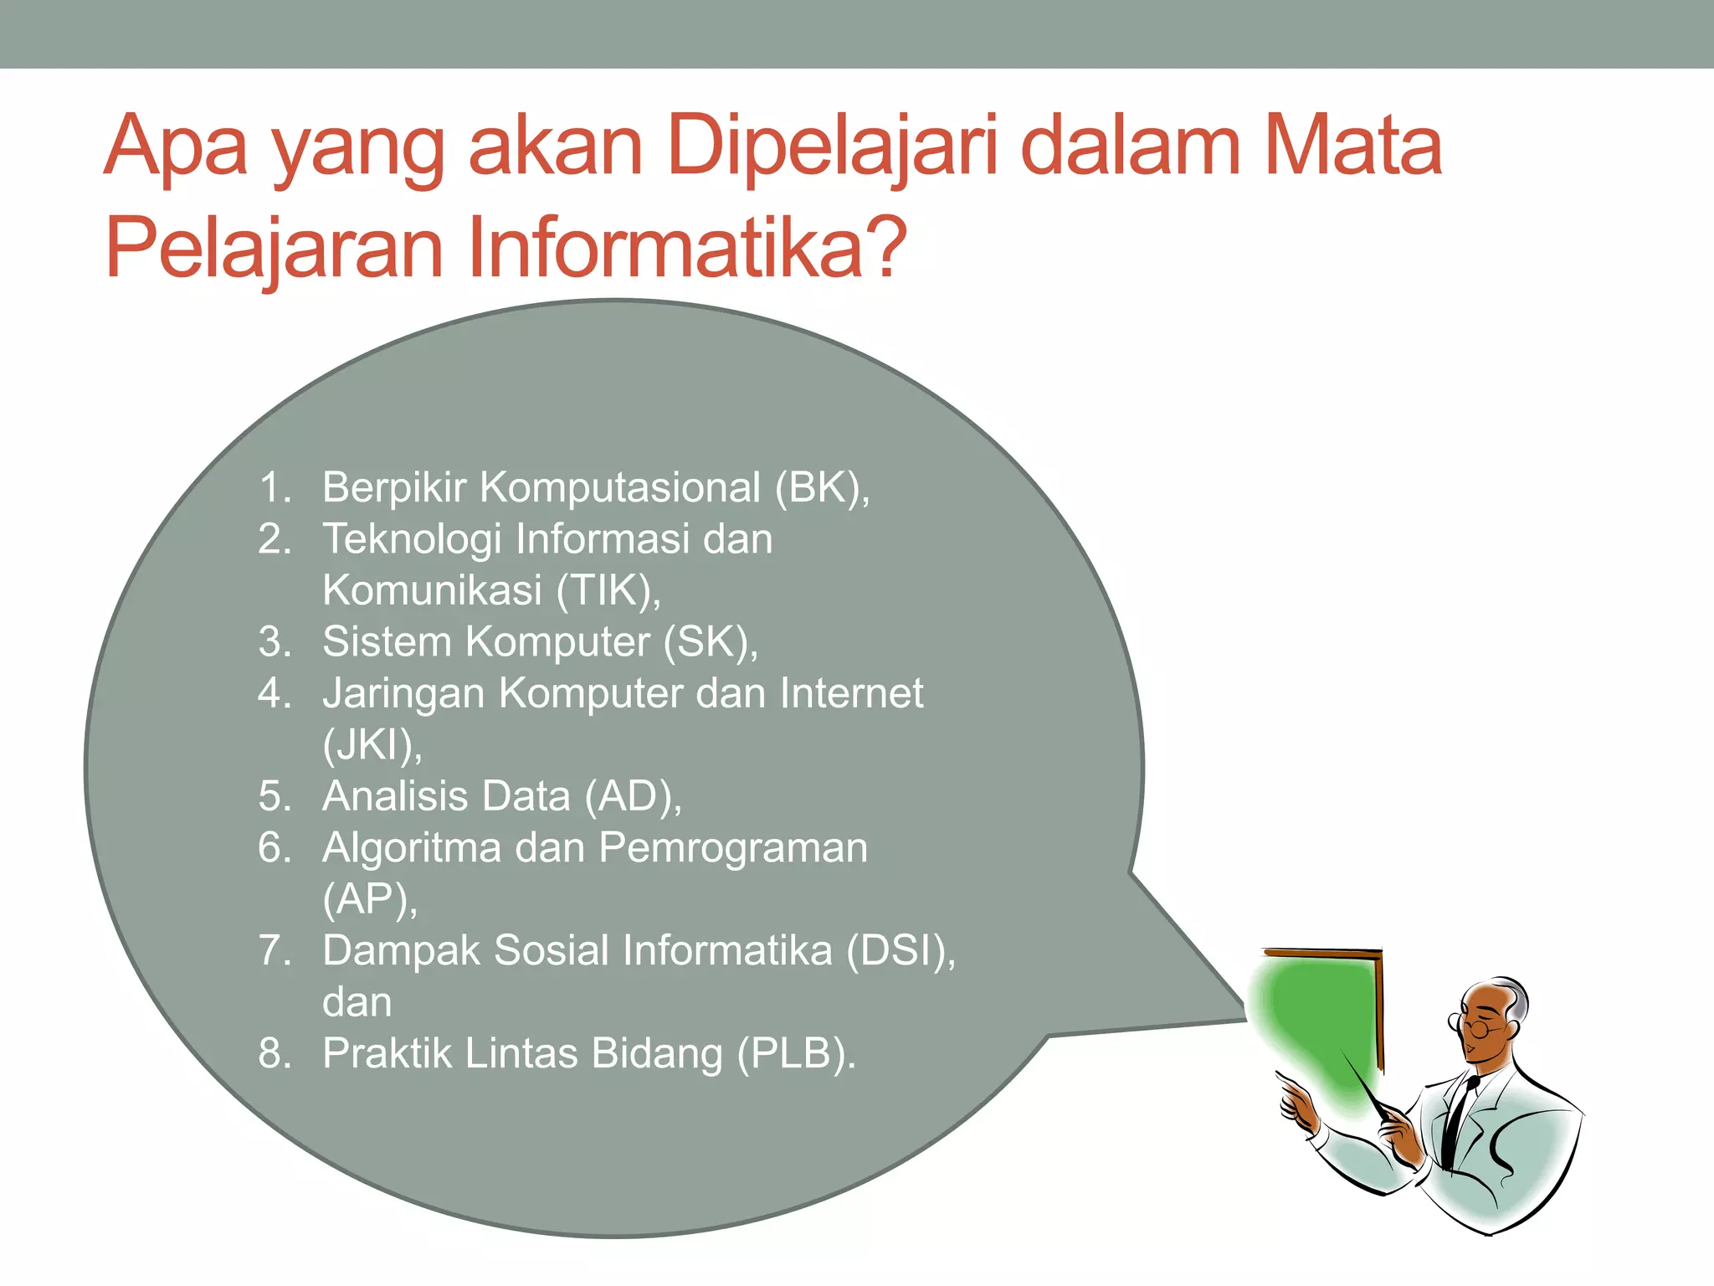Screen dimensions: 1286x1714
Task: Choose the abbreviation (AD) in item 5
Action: (633, 796)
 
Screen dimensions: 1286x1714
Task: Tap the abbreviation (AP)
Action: (369, 899)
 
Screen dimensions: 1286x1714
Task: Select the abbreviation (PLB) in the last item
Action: (796, 1054)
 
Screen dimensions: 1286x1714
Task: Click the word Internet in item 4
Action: (851, 693)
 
